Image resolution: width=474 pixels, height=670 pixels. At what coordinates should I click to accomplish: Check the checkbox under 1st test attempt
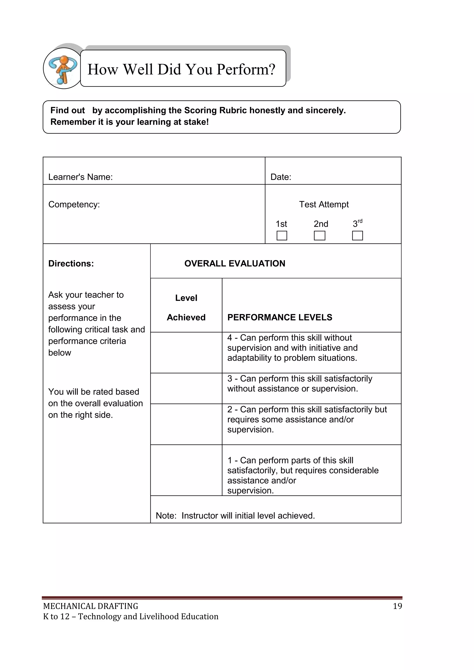pos(282,236)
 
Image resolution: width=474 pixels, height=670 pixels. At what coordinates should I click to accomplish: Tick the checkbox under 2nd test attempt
pos(320,236)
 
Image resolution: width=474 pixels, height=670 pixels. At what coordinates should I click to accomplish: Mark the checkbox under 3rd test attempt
pos(357,236)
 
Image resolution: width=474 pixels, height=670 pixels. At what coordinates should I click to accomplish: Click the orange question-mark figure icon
pos(63,69)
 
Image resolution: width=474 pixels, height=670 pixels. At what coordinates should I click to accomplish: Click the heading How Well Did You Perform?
pos(181,69)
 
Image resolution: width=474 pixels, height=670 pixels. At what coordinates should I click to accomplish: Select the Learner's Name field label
pos(80,177)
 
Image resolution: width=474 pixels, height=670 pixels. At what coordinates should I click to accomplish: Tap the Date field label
pos(281,177)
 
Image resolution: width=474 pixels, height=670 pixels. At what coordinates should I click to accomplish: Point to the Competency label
pos(74,204)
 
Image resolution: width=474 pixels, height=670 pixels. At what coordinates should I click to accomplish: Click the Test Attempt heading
pos(324,204)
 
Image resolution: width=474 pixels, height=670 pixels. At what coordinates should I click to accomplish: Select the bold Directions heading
pos(71,264)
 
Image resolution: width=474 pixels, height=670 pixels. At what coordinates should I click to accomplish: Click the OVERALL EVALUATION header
pos(235,264)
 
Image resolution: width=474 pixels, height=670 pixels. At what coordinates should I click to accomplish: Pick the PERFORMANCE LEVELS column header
pos(280,317)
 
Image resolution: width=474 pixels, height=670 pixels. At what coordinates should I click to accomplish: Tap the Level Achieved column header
pos(186,307)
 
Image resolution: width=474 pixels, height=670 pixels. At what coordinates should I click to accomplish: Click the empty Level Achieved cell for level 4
pos(186,352)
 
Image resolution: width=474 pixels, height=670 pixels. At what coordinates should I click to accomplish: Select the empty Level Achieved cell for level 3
pos(186,388)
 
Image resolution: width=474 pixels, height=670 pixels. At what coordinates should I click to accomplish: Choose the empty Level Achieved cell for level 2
pos(186,424)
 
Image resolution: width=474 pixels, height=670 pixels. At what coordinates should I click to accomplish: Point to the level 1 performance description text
pos(303,475)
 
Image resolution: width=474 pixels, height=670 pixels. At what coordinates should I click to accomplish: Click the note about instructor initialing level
pos(235,516)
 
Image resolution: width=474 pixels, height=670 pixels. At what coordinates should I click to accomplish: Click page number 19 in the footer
pos(397,606)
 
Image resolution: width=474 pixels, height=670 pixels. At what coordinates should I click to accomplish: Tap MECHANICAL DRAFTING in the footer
pos(90,606)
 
